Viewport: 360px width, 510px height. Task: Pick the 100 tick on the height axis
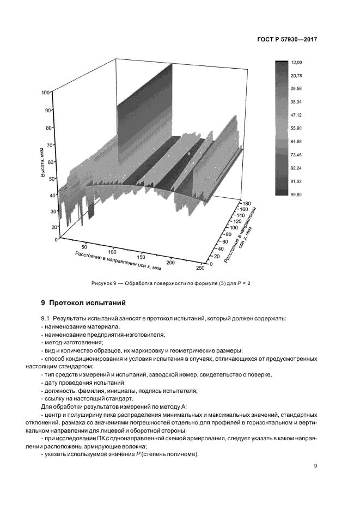point(45,93)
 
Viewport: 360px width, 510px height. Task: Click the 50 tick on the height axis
point(46,179)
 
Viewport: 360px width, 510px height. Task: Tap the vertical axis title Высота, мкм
point(42,159)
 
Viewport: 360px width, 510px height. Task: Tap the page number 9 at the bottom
point(316,465)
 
